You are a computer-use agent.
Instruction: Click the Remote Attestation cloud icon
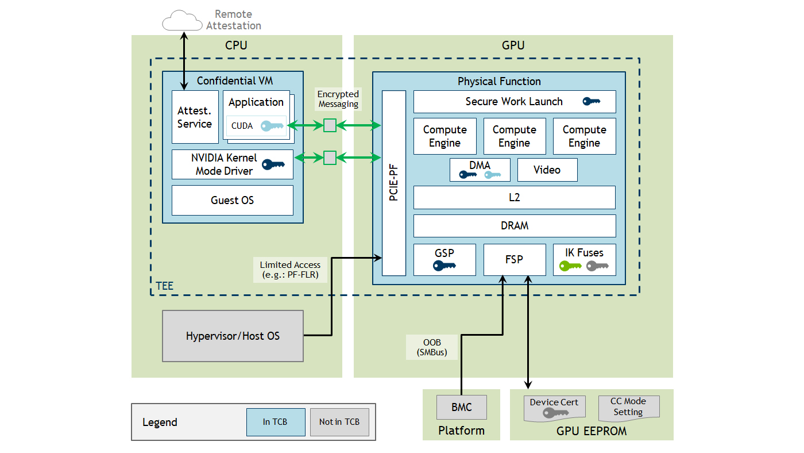(183, 21)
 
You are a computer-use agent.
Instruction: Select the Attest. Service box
(195, 117)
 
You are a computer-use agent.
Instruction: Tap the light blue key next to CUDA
(272, 126)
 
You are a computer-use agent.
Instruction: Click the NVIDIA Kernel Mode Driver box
(232, 164)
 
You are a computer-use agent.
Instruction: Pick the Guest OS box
(232, 200)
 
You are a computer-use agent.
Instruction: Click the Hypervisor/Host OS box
(233, 336)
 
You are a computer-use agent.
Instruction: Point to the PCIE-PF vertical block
(394, 183)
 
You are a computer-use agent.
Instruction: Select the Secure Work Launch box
(514, 102)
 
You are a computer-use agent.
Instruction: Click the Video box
(547, 170)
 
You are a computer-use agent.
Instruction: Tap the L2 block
(514, 197)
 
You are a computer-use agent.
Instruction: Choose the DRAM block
(514, 226)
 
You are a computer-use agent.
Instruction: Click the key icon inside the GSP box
(444, 266)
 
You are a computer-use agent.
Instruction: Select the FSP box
(514, 259)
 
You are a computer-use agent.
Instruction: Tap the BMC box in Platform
(461, 407)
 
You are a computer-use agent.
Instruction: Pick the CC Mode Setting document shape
(628, 407)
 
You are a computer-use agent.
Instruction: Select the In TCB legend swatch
(275, 422)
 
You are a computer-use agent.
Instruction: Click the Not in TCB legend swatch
(339, 422)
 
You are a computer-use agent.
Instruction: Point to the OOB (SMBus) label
(431, 347)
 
